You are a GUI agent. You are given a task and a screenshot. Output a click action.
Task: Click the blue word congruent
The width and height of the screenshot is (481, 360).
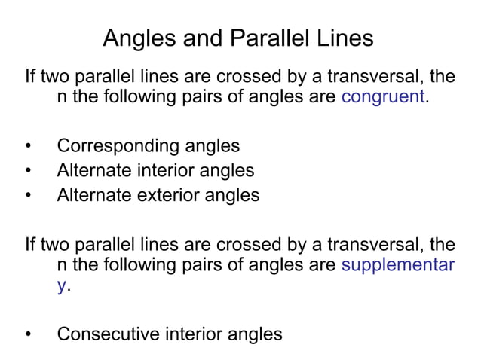tap(384, 98)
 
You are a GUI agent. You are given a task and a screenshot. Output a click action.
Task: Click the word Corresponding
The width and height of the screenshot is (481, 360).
tap(118, 146)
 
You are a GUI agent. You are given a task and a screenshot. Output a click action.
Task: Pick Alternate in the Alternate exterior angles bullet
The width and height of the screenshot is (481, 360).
tap(94, 196)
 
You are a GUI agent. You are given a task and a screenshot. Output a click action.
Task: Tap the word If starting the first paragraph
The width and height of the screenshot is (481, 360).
tap(30, 78)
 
